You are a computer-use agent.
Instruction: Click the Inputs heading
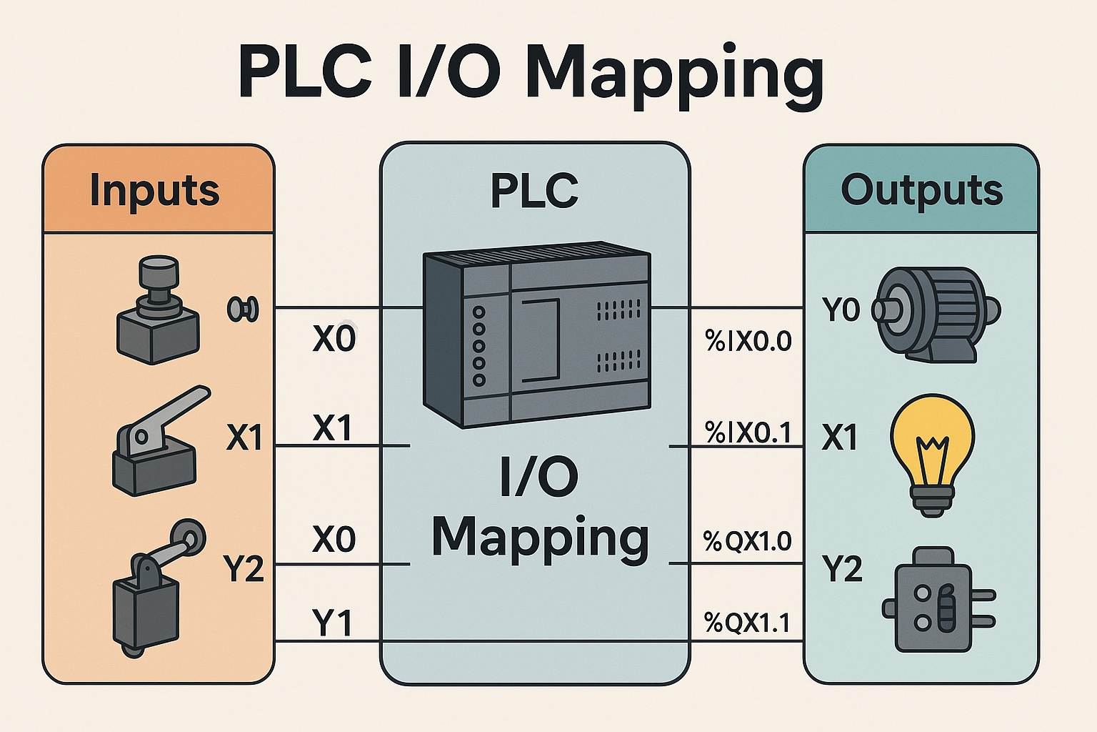click(x=154, y=190)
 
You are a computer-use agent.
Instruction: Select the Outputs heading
click(x=921, y=190)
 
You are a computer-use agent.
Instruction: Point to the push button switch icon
click(x=157, y=318)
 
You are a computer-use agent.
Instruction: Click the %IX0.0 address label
click(x=748, y=341)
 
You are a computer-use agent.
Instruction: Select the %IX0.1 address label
click(x=748, y=432)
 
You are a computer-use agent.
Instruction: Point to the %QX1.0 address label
click(x=748, y=541)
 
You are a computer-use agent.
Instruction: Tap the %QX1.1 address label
click(x=747, y=623)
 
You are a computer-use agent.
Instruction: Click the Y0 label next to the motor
click(x=841, y=310)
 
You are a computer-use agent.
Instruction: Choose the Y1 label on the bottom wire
click(x=332, y=623)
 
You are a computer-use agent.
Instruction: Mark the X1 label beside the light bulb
click(x=839, y=437)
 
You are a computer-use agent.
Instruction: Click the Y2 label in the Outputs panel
click(x=842, y=569)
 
